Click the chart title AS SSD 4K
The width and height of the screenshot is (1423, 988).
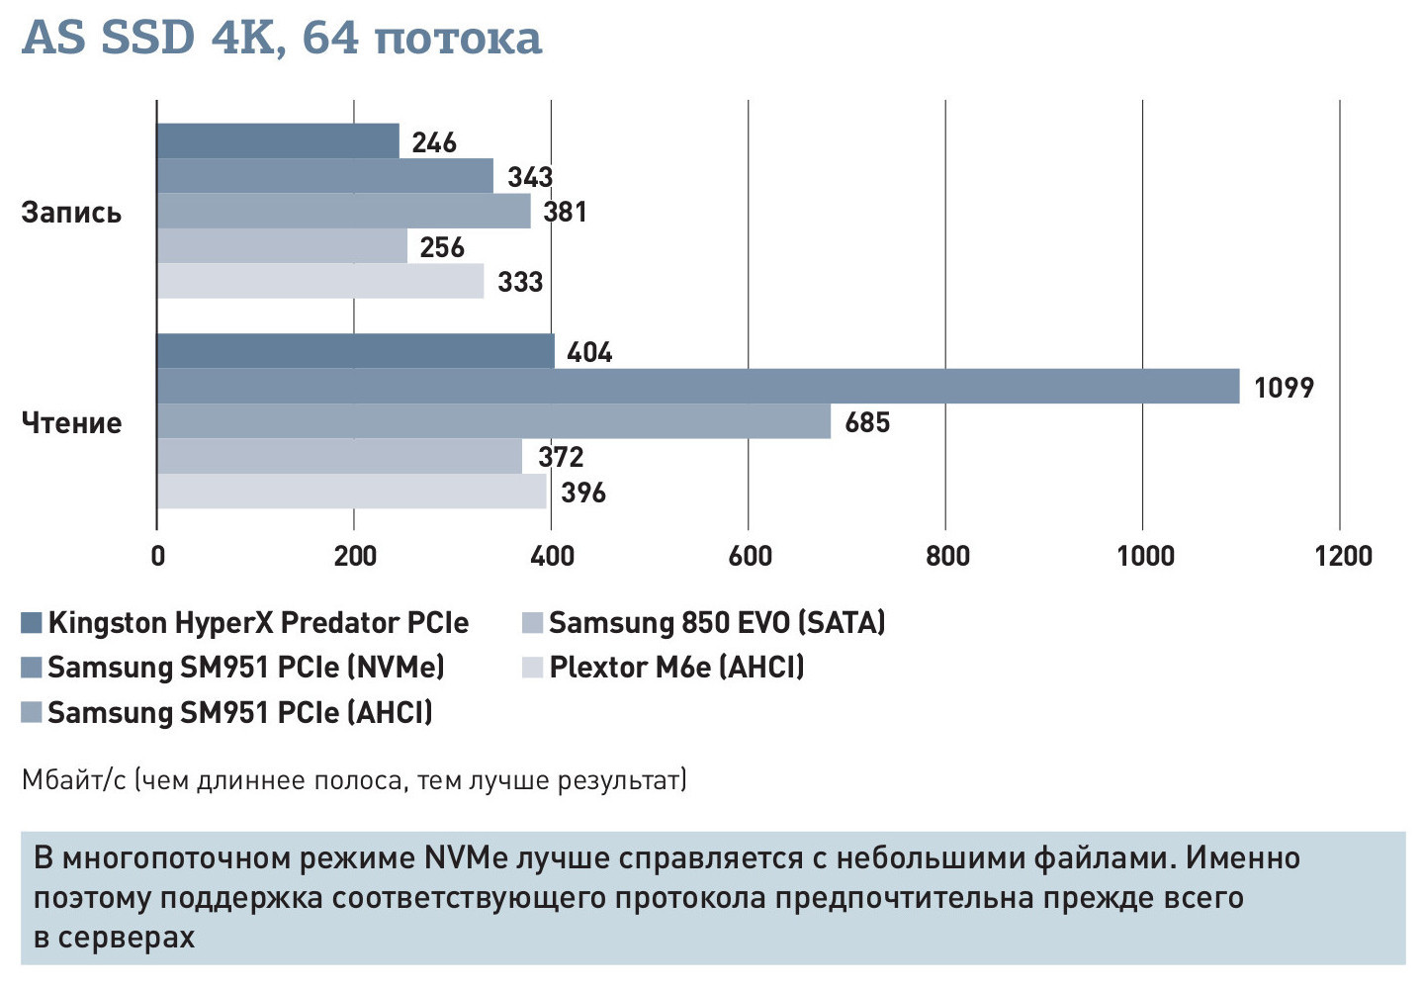coord(282,38)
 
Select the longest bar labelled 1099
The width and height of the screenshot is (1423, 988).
coord(697,386)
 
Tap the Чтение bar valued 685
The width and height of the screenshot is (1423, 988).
coord(493,421)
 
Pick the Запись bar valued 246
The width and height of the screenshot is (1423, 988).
coord(278,141)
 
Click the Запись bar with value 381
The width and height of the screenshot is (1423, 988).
coord(343,211)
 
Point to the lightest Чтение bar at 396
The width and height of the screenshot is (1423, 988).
coord(351,492)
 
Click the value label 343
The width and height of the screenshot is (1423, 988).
coord(530,177)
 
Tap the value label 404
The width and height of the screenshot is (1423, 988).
coord(589,352)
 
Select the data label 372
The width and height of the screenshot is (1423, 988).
coord(561,457)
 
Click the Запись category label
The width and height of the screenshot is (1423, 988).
coord(71,213)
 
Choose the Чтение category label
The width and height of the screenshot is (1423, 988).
coord(71,423)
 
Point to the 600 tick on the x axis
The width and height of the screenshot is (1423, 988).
coord(750,556)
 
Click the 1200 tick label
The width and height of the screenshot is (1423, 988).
coord(1343,556)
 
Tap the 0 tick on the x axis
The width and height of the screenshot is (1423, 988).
coord(157,556)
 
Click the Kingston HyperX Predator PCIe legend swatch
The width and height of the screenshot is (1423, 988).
coord(32,623)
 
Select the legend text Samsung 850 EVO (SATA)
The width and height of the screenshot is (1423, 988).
coord(717,623)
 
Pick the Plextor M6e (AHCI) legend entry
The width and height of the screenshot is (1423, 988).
coord(676,668)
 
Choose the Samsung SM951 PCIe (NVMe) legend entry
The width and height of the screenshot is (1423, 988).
coord(245,668)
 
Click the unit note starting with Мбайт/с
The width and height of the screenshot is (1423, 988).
coord(354,780)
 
